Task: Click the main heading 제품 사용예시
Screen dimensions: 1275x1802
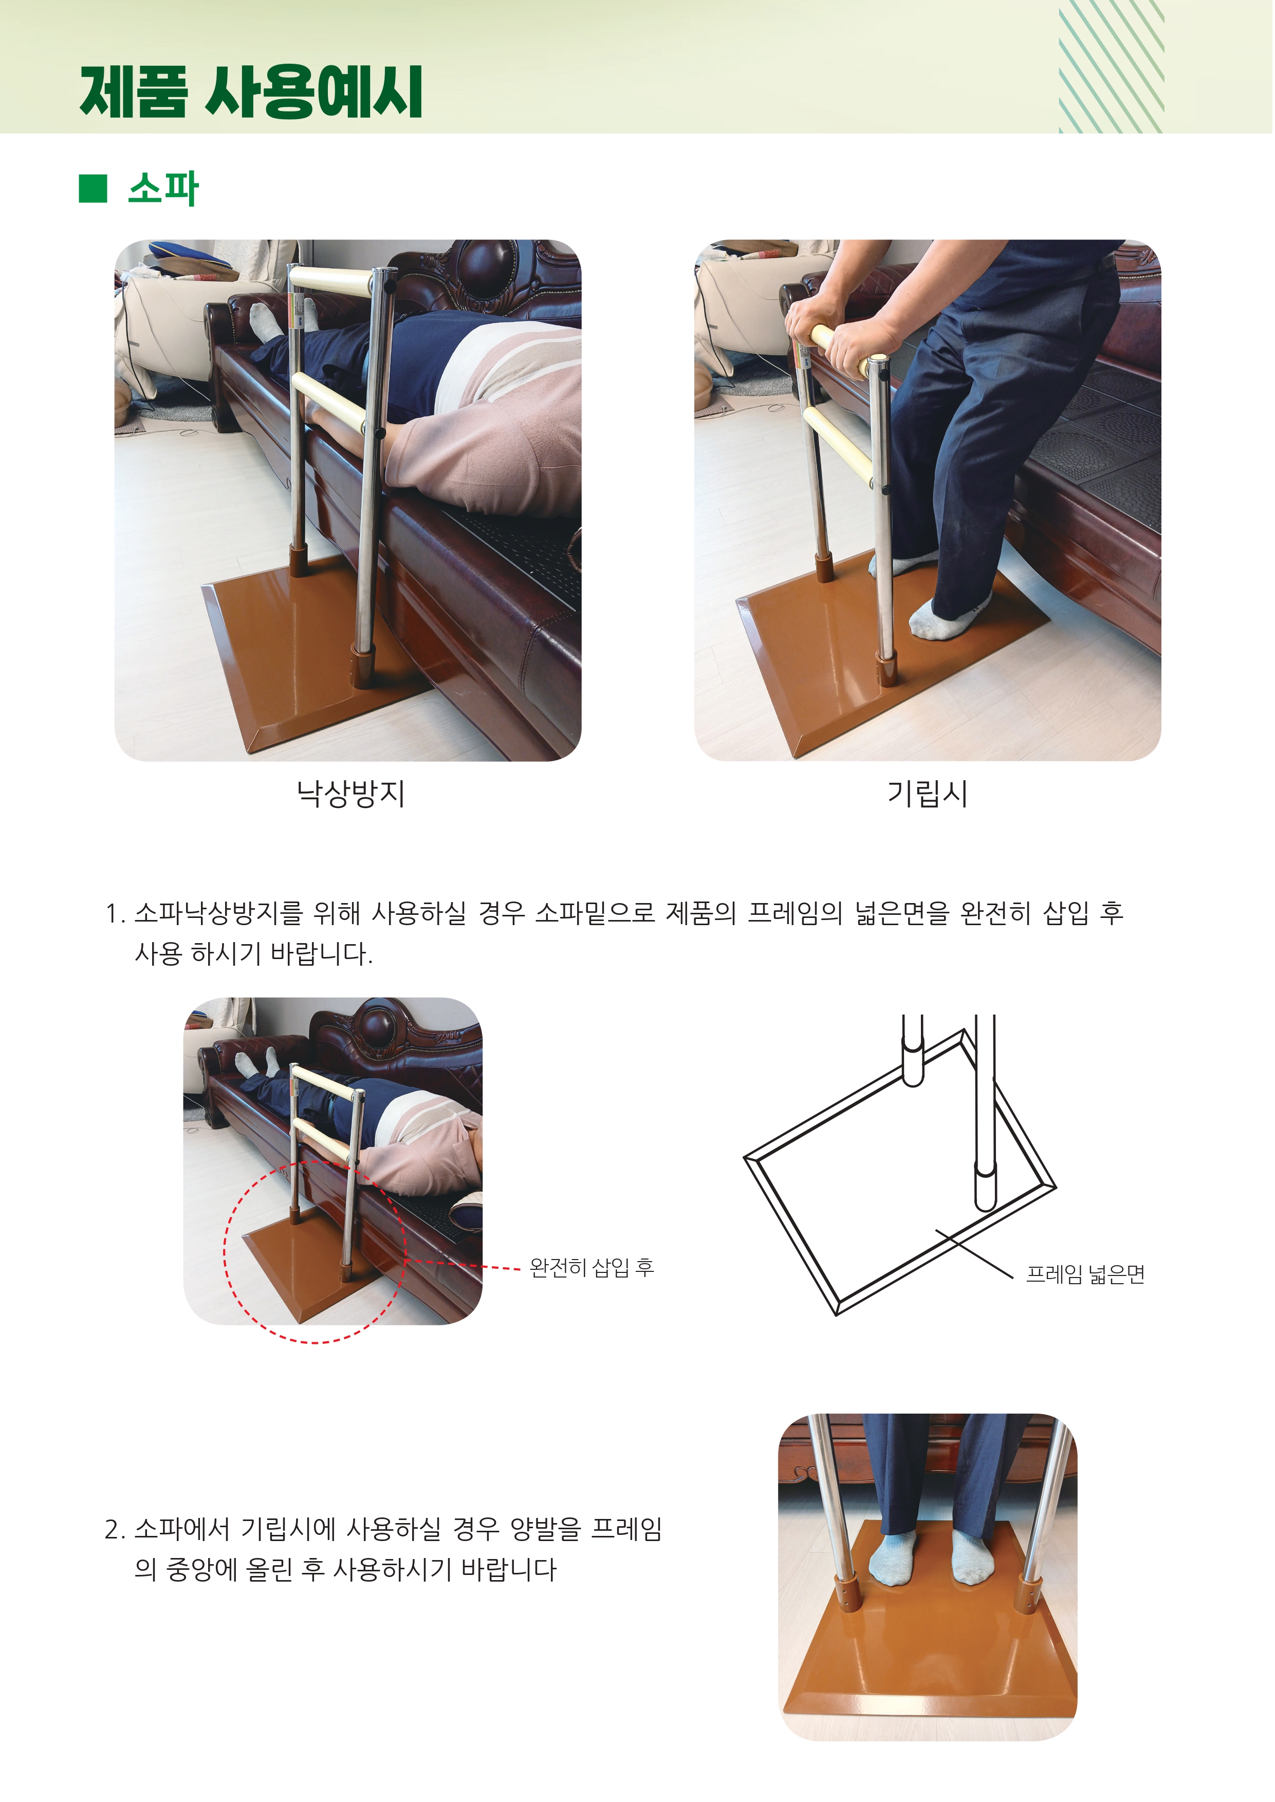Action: coord(251,92)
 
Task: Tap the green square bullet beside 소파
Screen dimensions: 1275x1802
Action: coord(93,189)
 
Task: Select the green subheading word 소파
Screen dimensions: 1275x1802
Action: coord(163,189)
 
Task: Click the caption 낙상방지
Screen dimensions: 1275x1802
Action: coord(350,794)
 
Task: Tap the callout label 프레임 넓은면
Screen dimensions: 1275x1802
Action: coord(1086,1274)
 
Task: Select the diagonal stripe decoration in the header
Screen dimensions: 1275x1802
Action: coord(1111,67)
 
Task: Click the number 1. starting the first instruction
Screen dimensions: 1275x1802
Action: coord(116,913)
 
